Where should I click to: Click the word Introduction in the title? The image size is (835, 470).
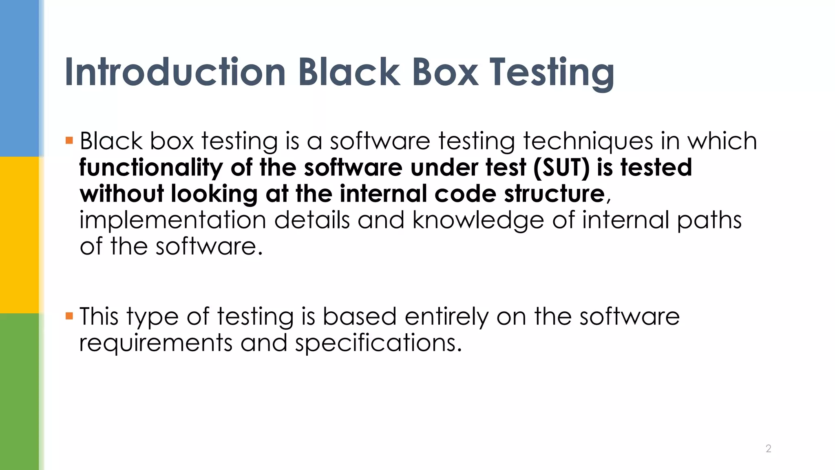click(x=175, y=72)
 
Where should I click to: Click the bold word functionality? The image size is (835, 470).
click(x=150, y=168)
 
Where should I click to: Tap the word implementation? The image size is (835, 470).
click(x=172, y=220)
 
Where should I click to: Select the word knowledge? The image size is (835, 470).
click(x=478, y=220)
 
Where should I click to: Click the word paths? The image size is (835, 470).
click(x=709, y=220)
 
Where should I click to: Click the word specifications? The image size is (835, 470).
click(x=378, y=343)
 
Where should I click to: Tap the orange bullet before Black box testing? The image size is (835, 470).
click(x=69, y=141)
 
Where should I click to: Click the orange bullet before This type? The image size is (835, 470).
click(x=69, y=316)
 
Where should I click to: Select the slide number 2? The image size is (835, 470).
click(x=768, y=448)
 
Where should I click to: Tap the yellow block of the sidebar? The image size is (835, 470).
click(x=20, y=235)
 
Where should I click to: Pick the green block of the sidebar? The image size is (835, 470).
click(x=20, y=392)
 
